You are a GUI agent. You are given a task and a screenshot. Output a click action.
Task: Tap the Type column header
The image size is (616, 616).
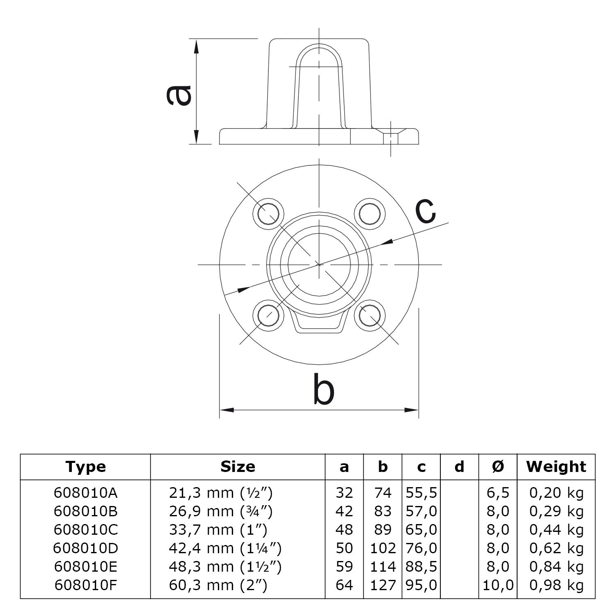point(85,467)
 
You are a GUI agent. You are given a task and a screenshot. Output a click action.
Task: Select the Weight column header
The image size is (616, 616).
point(556,467)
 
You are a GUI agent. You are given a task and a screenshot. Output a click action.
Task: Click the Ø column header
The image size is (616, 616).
point(497,467)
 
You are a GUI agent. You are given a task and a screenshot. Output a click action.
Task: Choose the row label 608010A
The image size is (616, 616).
point(85,493)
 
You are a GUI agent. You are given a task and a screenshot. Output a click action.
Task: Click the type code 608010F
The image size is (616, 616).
point(85,585)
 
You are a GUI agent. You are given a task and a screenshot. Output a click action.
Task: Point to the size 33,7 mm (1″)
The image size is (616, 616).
point(218,530)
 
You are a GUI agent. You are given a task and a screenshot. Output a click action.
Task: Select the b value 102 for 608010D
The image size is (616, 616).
point(382,548)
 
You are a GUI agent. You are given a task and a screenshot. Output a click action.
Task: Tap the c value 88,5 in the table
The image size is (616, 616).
point(421,567)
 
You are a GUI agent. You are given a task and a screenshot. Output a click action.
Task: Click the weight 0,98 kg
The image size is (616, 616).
point(556,585)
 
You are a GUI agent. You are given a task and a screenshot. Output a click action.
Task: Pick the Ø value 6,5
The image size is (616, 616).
point(497,493)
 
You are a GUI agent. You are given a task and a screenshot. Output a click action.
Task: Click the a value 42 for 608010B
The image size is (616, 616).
point(344,511)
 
